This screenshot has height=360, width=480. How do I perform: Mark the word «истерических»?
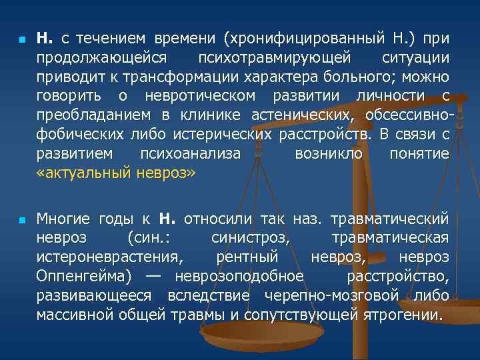222,135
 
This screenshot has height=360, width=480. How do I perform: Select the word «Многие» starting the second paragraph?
64,219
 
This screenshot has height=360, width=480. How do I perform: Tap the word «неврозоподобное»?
239,276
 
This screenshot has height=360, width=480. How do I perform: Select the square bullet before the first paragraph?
21,40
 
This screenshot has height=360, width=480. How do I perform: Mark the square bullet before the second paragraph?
21,219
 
